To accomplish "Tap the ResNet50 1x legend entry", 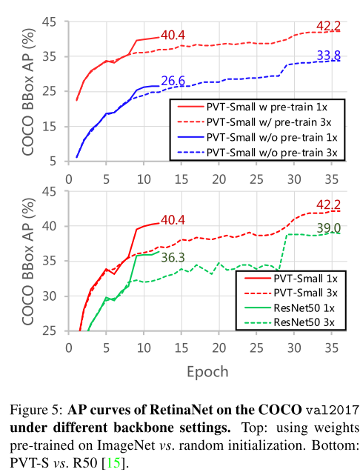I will [296, 308].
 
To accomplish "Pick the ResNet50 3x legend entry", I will [296, 322].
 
